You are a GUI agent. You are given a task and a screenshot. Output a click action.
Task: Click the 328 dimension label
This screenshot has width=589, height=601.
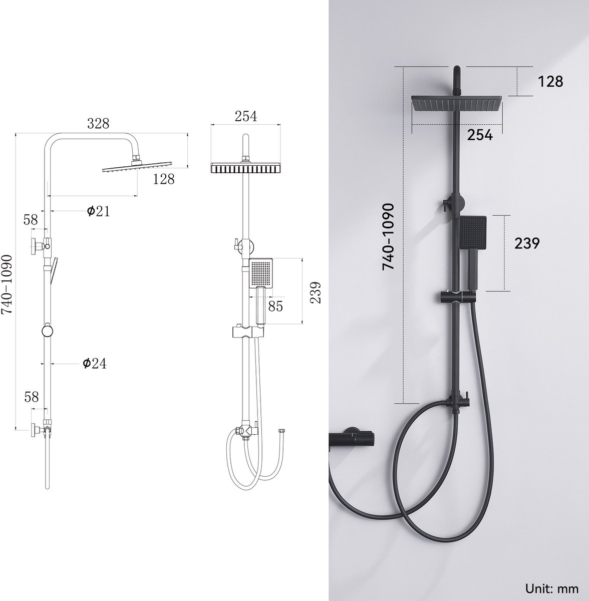click(x=98, y=124)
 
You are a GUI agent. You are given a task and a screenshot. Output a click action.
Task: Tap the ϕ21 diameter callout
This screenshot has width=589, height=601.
click(x=99, y=211)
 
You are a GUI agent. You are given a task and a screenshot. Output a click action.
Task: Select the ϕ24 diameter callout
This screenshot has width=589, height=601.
click(x=95, y=363)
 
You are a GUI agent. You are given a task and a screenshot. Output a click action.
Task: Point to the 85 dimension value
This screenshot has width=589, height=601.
click(x=275, y=306)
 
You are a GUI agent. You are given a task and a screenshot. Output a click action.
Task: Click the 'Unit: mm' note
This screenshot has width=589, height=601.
click(x=552, y=588)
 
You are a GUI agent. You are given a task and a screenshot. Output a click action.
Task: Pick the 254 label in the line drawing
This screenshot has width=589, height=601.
click(x=246, y=116)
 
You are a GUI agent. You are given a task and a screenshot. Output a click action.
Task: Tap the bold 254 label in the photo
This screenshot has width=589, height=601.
click(x=480, y=135)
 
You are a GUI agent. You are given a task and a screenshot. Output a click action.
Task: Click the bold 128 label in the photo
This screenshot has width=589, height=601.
click(x=550, y=82)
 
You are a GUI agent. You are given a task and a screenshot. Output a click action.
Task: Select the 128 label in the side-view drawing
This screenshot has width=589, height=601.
click(x=163, y=179)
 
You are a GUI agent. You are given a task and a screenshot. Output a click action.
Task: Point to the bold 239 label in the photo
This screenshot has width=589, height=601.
click(x=527, y=243)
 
